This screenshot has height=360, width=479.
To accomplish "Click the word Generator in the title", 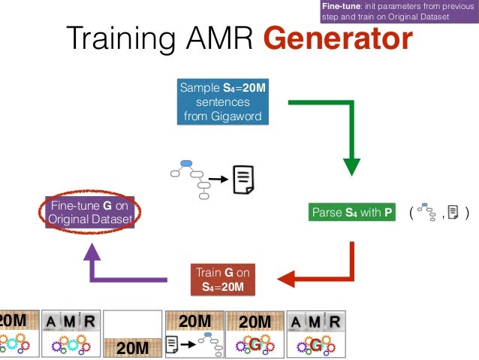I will [x=338, y=39].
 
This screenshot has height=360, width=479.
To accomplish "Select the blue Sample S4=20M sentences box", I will [x=222, y=101].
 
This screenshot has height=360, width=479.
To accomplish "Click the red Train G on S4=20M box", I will [x=222, y=279].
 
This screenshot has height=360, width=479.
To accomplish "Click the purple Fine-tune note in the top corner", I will [x=399, y=12].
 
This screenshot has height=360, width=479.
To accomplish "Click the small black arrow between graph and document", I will [x=218, y=180].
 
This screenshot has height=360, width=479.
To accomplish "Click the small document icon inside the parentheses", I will [x=453, y=212].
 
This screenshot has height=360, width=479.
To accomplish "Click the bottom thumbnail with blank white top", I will [x=132, y=333].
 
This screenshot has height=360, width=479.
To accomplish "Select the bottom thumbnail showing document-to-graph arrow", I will [x=194, y=333].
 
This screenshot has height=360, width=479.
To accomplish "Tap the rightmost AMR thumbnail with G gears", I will [x=315, y=333].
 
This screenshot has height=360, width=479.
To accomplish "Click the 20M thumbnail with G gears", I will [x=254, y=333].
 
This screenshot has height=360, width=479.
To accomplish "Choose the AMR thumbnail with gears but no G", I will [x=71, y=333].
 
